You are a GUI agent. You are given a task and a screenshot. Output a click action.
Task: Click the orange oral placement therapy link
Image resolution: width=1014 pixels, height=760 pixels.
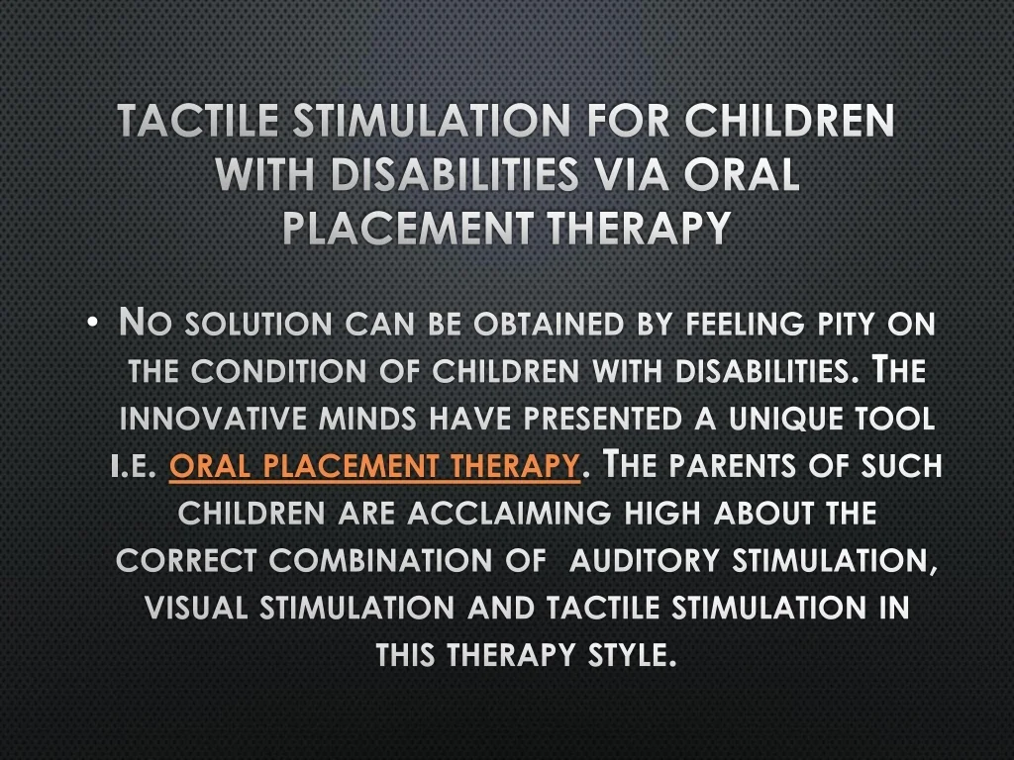tap(374, 465)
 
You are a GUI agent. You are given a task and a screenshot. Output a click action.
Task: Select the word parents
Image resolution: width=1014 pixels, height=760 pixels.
tap(736, 465)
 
